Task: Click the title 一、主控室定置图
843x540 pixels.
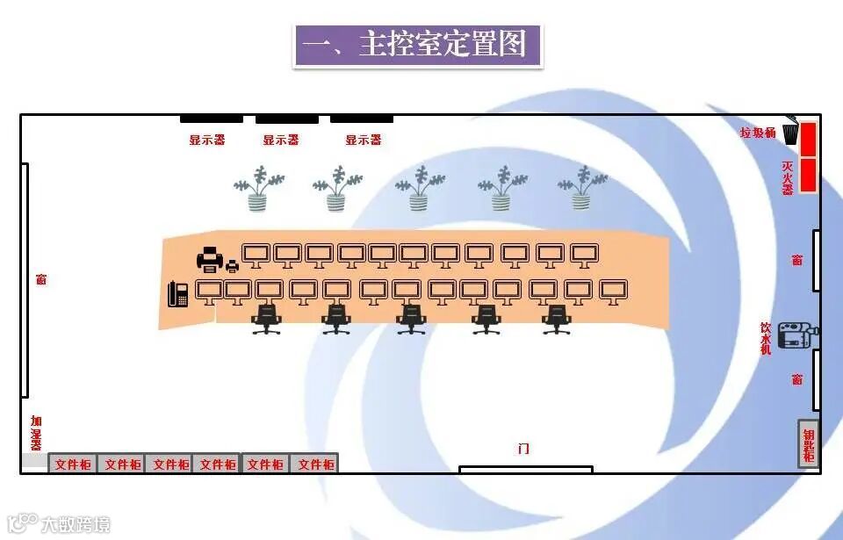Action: click(x=417, y=45)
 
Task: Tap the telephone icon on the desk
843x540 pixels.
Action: click(x=178, y=293)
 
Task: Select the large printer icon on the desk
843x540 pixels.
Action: click(x=210, y=258)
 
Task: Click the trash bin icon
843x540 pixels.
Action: click(x=790, y=133)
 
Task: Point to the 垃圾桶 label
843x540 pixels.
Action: click(x=758, y=133)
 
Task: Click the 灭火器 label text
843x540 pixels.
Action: click(x=788, y=176)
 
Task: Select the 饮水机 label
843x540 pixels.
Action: click(x=766, y=338)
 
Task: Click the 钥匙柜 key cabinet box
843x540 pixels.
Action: click(x=809, y=443)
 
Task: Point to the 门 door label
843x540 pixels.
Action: click(x=524, y=449)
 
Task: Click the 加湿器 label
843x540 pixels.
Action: click(x=36, y=432)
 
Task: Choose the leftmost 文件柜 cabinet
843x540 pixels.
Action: click(x=73, y=464)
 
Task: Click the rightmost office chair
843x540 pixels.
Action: click(x=556, y=319)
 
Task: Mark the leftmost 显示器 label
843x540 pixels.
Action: click(x=207, y=140)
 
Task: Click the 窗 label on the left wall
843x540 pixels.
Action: click(x=41, y=279)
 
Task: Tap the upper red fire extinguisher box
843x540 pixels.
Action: click(x=808, y=138)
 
